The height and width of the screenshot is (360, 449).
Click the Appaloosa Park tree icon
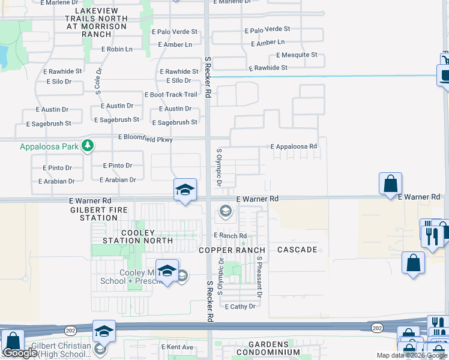[88, 146]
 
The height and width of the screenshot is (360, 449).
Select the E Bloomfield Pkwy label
[145, 139]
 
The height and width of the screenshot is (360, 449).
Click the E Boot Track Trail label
[171, 95]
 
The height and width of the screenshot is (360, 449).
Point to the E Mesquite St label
[297, 55]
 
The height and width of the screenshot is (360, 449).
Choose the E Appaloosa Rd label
[294, 146]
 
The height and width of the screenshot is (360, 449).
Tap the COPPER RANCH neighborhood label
[232, 250]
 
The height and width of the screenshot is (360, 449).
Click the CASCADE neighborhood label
[297, 249]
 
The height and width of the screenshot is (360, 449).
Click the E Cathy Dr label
[240, 307]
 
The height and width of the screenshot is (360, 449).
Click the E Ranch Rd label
[231, 236]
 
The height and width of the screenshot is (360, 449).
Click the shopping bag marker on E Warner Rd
[390, 184]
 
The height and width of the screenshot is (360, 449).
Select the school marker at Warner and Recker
[185, 190]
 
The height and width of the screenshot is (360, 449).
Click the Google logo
[20, 353]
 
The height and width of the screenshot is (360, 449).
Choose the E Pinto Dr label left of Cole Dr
[58, 168]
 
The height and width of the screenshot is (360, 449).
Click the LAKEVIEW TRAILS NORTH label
[97, 19]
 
